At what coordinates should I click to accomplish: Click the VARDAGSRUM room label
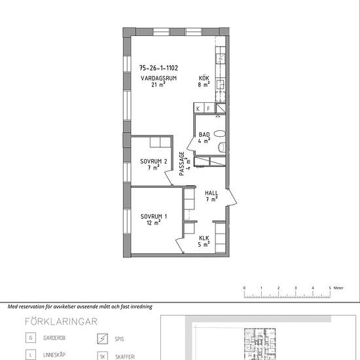[x=158, y=79]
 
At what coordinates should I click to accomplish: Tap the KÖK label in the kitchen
[x=204, y=79]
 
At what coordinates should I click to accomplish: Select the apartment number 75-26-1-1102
[x=158, y=68]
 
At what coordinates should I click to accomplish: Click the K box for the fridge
[x=198, y=108]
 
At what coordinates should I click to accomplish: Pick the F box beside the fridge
[x=209, y=108]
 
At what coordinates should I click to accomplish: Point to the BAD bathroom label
[x=204, y=135]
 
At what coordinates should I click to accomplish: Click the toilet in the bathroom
[x=222, y=147]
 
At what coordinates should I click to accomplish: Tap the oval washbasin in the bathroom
[x=220, y=134]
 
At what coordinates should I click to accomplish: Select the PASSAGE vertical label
[x=182, y=164]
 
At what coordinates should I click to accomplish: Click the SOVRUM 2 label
[x=154, y=162]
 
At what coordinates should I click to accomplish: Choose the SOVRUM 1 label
[x=154, y=217]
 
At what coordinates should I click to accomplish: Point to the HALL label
[x=211, y=193]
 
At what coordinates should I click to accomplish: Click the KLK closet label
[x=204, y=238]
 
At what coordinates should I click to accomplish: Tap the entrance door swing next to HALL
[x=232, y=198]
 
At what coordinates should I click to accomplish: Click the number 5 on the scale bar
[x=330, y=288]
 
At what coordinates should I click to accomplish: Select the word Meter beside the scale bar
[x=338, y=288]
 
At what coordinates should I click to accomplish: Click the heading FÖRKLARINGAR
[x=61, y=321]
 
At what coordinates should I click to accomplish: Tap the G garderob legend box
[x=31, y=338]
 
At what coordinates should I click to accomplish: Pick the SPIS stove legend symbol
[x=102, y=339]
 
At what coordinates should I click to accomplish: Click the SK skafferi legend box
[x=102, y=356]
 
